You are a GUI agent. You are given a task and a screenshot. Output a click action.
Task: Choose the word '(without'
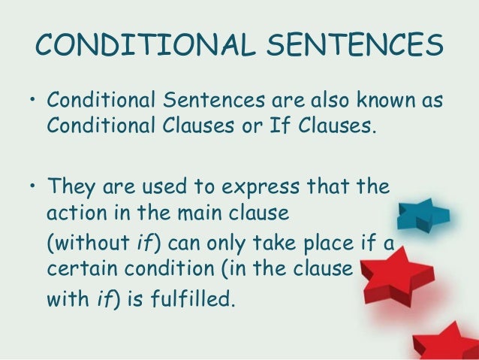tap(86, 244)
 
